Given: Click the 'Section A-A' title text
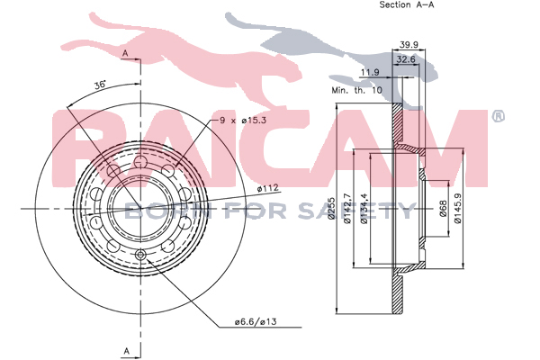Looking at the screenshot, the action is coord(407,4).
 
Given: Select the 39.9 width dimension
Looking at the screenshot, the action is coord(409,44).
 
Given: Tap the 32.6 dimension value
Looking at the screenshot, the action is coord(406,59).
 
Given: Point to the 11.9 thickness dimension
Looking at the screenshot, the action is coord(370,72).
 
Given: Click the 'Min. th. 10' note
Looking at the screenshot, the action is coord(356,90).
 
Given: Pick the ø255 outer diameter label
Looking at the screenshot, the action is coord(331,208).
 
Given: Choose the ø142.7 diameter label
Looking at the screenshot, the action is coord(347,208).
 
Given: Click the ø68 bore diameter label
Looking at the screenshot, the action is coord(443,209).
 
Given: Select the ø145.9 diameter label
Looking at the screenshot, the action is coord(457,208).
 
